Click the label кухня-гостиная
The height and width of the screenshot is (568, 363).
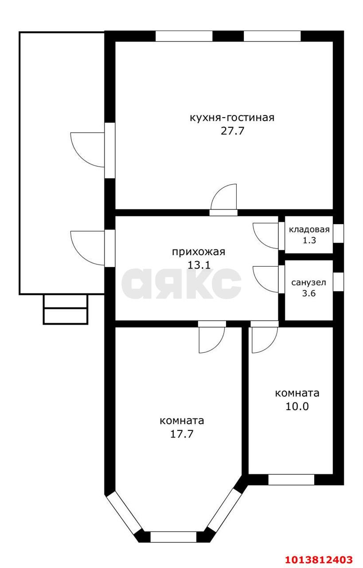click(x=232, y=118)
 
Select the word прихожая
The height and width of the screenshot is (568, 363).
click(x=199, y=252)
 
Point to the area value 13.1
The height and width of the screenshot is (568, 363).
click(x=199, y=265)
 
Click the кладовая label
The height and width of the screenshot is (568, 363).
click(x=309, y=229)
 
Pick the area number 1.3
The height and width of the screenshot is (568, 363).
click(x=309, y=241)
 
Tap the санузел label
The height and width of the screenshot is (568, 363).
click(x=309, y=282)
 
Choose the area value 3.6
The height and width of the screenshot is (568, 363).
click(x=309, y=293)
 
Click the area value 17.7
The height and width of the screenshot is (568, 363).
click(x=182, y=434)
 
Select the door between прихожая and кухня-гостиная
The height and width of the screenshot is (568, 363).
click(x=224, y=199)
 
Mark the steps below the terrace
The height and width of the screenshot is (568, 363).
click(x=65, y=309)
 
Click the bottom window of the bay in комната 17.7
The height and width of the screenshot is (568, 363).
click(x=173, y=536)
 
